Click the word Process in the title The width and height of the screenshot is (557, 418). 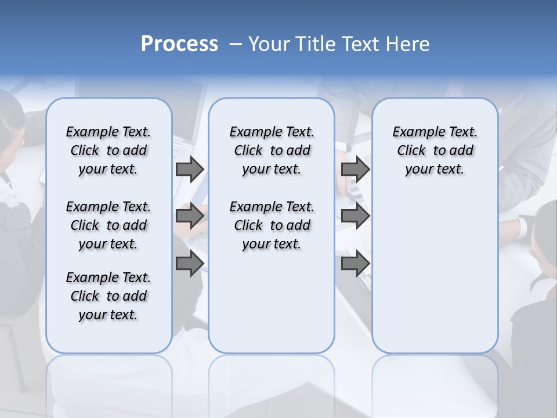coord(179,44)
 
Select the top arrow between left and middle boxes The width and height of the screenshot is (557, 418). coord(190,170)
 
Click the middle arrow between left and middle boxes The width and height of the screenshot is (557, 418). coord(190,217)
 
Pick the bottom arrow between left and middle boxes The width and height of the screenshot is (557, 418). coord(190,264)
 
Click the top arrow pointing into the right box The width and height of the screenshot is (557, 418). coord(355,170)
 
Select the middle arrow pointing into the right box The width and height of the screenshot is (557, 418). coord(355,217)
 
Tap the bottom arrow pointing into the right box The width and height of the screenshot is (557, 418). coord(355,264)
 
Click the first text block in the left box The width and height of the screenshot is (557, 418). coord(108,150)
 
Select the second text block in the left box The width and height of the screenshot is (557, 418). coord(108,225)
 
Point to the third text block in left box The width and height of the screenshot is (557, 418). coord(108,296)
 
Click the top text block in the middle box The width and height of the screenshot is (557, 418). coord(272,150)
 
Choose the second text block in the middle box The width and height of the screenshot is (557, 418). coord(272,225)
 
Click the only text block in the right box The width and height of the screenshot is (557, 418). coord(435,150)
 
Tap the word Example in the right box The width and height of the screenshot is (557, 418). coord(414,132)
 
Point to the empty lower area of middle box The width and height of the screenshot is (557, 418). coord(272,302)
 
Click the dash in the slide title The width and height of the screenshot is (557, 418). coord(236,44)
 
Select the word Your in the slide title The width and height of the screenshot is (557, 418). coord(269,44)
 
